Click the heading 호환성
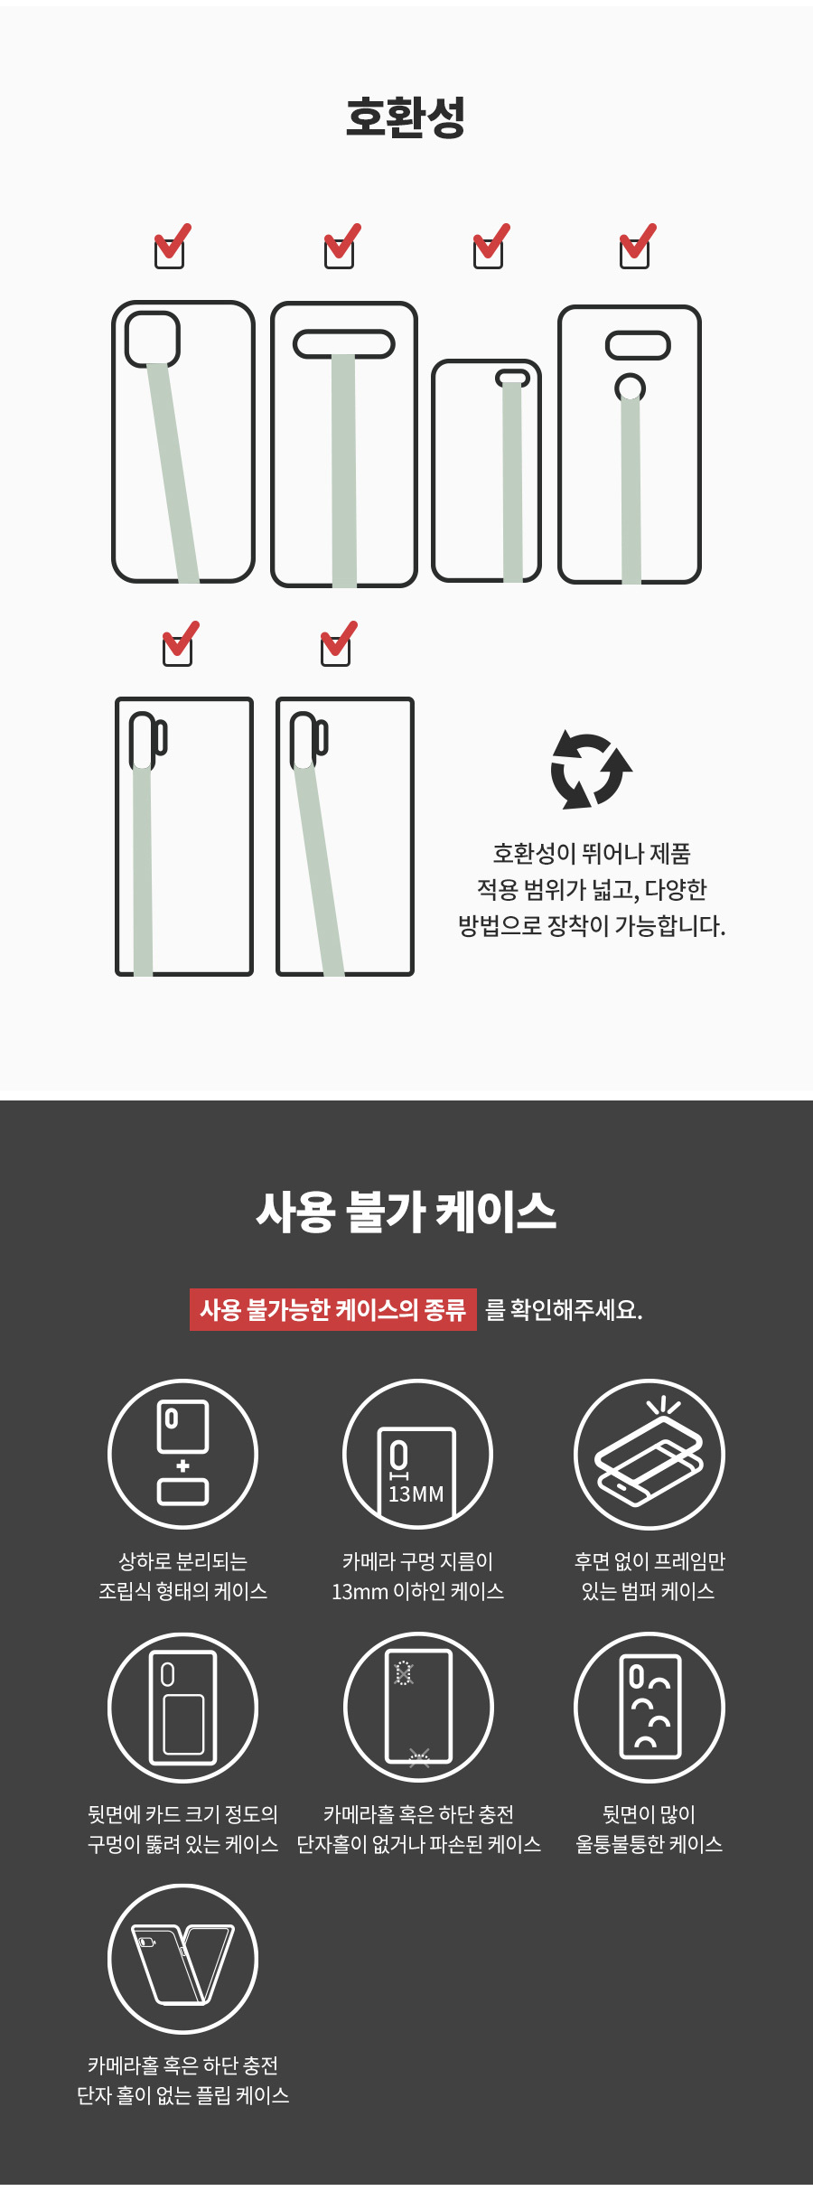click(406, 117)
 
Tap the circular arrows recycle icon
click(591, 769)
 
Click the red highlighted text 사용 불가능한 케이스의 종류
click(332, 1309)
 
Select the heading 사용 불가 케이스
click(406, 1212)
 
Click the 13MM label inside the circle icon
click(416, 1494)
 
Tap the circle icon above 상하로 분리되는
click(182, 1454)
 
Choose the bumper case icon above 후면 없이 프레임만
click(649, 1454)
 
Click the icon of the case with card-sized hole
click(182, 1707)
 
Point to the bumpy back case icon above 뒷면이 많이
click(649, 1707)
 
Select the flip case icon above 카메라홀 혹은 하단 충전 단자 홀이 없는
click(182, 1959)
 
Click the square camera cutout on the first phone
click(153, 340)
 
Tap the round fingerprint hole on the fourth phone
click(630, 388)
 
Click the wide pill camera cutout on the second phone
click(344, 344)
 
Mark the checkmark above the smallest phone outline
click(491, 246)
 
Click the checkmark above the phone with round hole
click(637, 246)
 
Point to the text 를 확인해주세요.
click(564, 1310)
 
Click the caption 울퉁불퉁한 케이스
click(649, 1844)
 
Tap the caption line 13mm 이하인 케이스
click(417, 1591)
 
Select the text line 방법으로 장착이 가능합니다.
click(592, 926)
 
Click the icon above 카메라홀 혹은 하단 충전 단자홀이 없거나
click(418, 1707)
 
